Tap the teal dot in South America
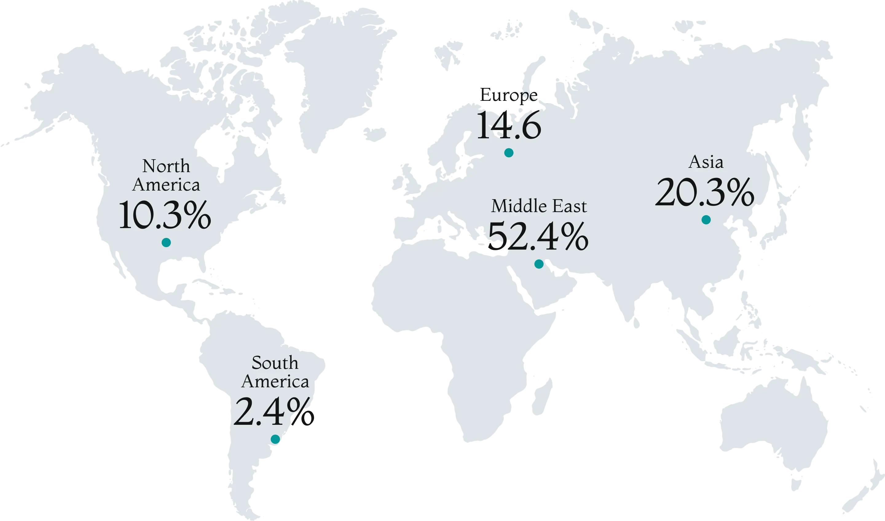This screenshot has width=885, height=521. [275, 439]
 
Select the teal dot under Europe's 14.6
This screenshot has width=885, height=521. [509, 152]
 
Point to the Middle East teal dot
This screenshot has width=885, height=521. [539, 264]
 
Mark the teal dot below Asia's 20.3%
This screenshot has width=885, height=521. [706, 220]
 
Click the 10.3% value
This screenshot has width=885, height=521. [165, 215]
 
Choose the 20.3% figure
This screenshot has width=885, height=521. [704, 192]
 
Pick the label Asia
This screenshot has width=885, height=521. [706, 162]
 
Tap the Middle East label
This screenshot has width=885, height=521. [539, 206]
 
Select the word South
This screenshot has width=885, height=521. [275, 363]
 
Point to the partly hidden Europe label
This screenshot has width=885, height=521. [509, 95]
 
